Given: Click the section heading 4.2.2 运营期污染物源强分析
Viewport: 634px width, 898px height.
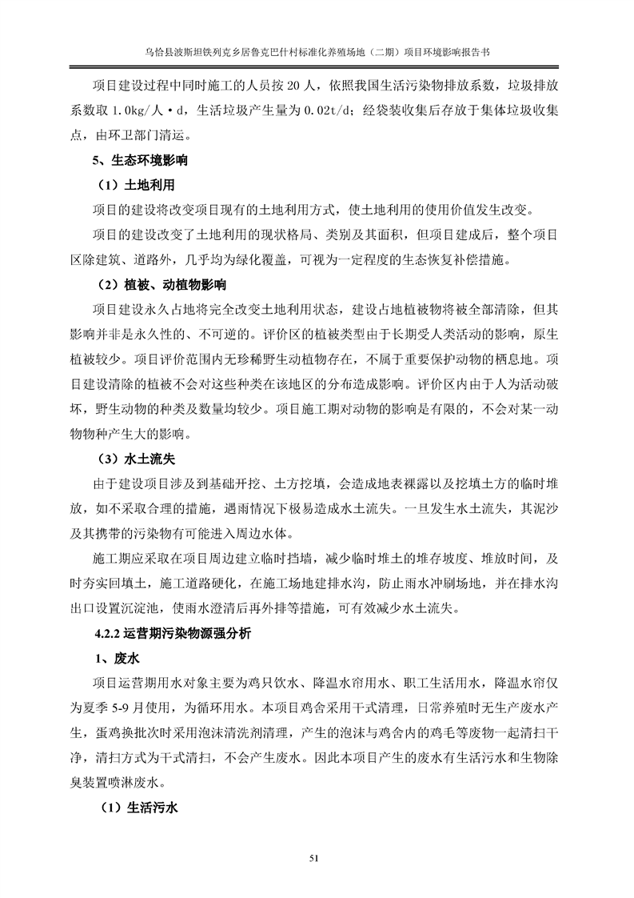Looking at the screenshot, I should [x=171, y=634].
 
